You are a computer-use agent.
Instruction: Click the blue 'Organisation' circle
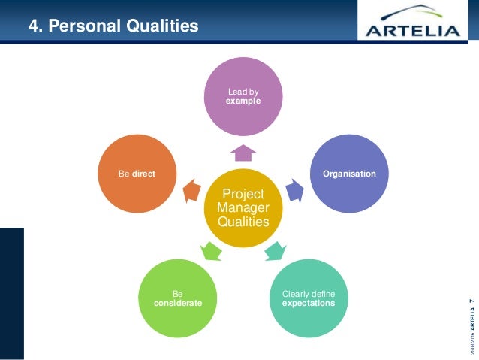(x=349, y=173)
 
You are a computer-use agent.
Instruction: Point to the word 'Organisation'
(x=349, y=174)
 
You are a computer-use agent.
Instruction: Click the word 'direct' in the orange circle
(x=144, y=174)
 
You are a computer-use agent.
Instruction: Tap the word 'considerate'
(x=178, y=302)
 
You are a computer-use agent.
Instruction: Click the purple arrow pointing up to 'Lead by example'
(x=243, y=153)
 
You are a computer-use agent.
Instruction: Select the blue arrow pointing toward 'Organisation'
(x=296, y=191)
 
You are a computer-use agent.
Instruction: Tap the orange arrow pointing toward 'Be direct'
(x=191, y=191)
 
